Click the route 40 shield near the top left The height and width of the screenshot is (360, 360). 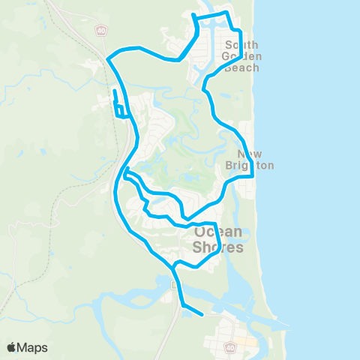click(x=100, y=31)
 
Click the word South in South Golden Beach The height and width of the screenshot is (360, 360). click(x=241, y=44)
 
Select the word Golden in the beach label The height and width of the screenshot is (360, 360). click(x=241, y=55)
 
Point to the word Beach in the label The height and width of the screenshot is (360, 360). click(x=241, y=67)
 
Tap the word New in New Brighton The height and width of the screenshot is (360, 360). click(x=242, y=153)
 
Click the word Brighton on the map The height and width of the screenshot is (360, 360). click(x=250, y=165)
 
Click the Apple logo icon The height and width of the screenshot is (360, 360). click(x=11, y=347)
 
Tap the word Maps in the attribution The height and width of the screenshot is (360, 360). click(x=32, y=347)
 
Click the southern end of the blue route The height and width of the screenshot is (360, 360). click(x=202, y=315)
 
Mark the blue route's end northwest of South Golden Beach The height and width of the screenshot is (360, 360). click(x=193, y=15)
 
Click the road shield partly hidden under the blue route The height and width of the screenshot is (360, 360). click(x=175, y=285)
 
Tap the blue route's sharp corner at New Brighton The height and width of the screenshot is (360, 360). click(x=253, y=175)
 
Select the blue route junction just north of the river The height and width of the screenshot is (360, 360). click(x=173, y=265)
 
